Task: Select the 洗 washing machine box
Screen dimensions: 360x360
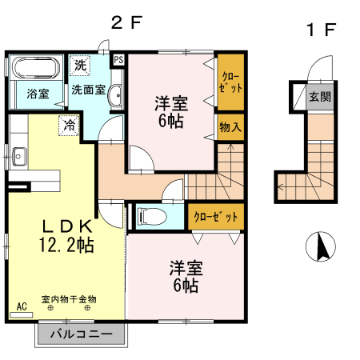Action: tap(80, 64)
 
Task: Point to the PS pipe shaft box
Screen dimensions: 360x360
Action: tap(118, 60)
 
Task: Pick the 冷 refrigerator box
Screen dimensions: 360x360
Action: tap(70, 125)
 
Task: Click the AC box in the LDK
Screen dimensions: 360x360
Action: tap(21, 306)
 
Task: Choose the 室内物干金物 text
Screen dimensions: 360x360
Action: tap(70, 298)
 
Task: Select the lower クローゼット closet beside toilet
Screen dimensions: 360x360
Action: tap(213, 216)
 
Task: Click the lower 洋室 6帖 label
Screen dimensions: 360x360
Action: tap(184, 276)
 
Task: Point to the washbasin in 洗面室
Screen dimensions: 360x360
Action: tap(114, 95)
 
